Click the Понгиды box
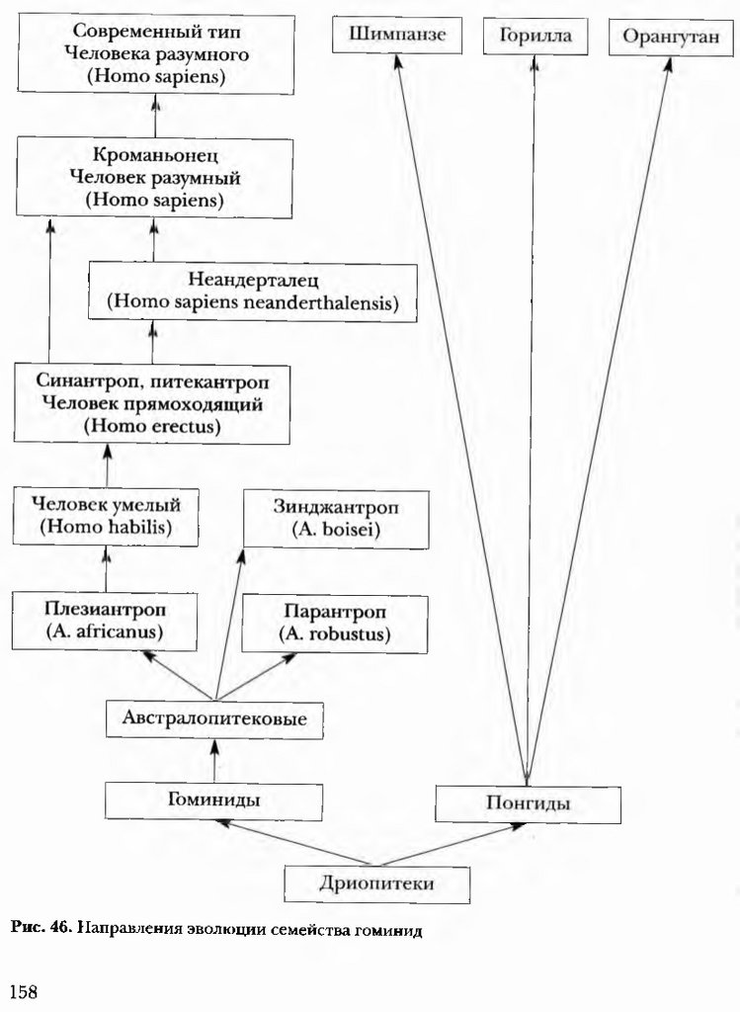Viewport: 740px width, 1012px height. [528, 802]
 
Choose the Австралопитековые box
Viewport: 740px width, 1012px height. [214, 719]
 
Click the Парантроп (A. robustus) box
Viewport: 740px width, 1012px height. [335, 623]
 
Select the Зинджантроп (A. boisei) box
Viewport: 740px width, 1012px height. [336, 520]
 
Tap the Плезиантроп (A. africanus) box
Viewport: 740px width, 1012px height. [104, 619]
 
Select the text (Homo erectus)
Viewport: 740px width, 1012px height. [152, 426]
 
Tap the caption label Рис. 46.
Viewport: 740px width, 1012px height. [41, 929]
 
